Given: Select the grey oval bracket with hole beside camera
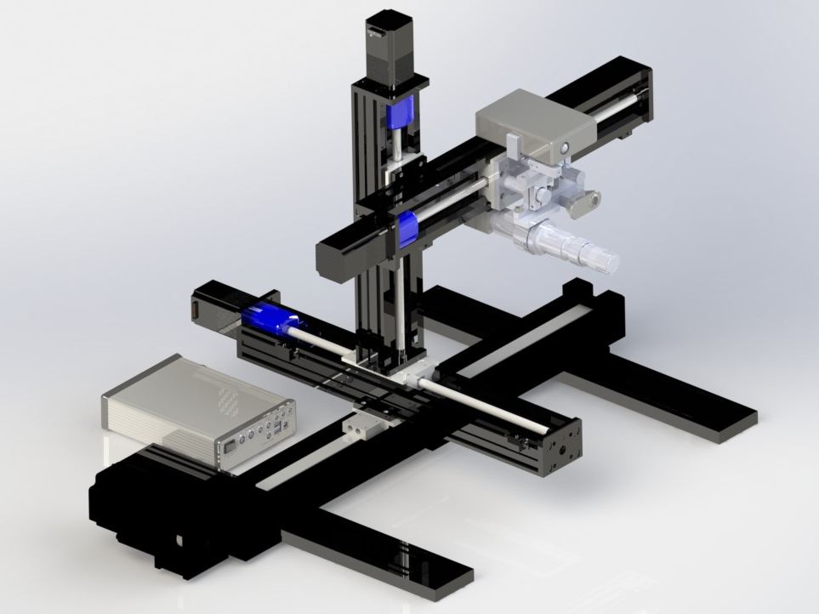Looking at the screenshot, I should coord(586,202).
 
